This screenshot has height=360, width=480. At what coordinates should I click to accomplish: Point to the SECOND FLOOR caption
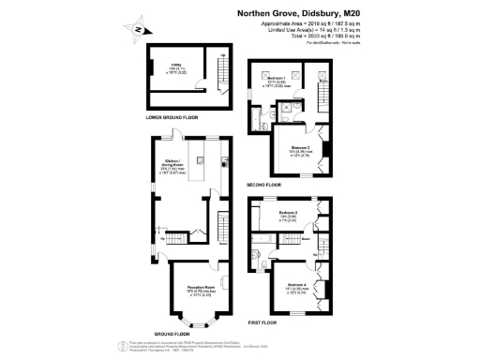265,186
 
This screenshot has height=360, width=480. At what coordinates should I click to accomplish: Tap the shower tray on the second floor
294,109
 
